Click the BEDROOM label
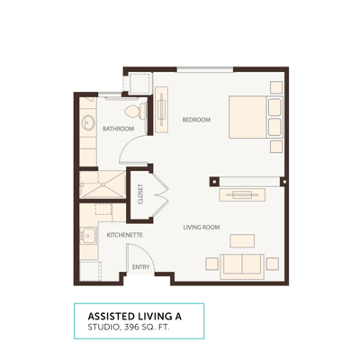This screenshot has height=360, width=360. click(x=196, y=120)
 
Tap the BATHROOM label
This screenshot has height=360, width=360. click(x=118, y=129)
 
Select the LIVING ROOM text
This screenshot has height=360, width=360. click(x=202, y=227)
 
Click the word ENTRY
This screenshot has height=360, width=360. click(x=140, y=266)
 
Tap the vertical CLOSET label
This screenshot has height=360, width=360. click(x=140, y=195)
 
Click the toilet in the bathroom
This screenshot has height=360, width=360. click(x=134, y=111)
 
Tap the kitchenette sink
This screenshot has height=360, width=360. click(x=90, y=237)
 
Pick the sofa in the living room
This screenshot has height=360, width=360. click(x=240, y=265)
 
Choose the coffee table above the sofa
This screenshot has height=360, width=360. click(x=241, y=239)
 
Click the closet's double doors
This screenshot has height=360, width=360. click(x=157, y=192)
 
